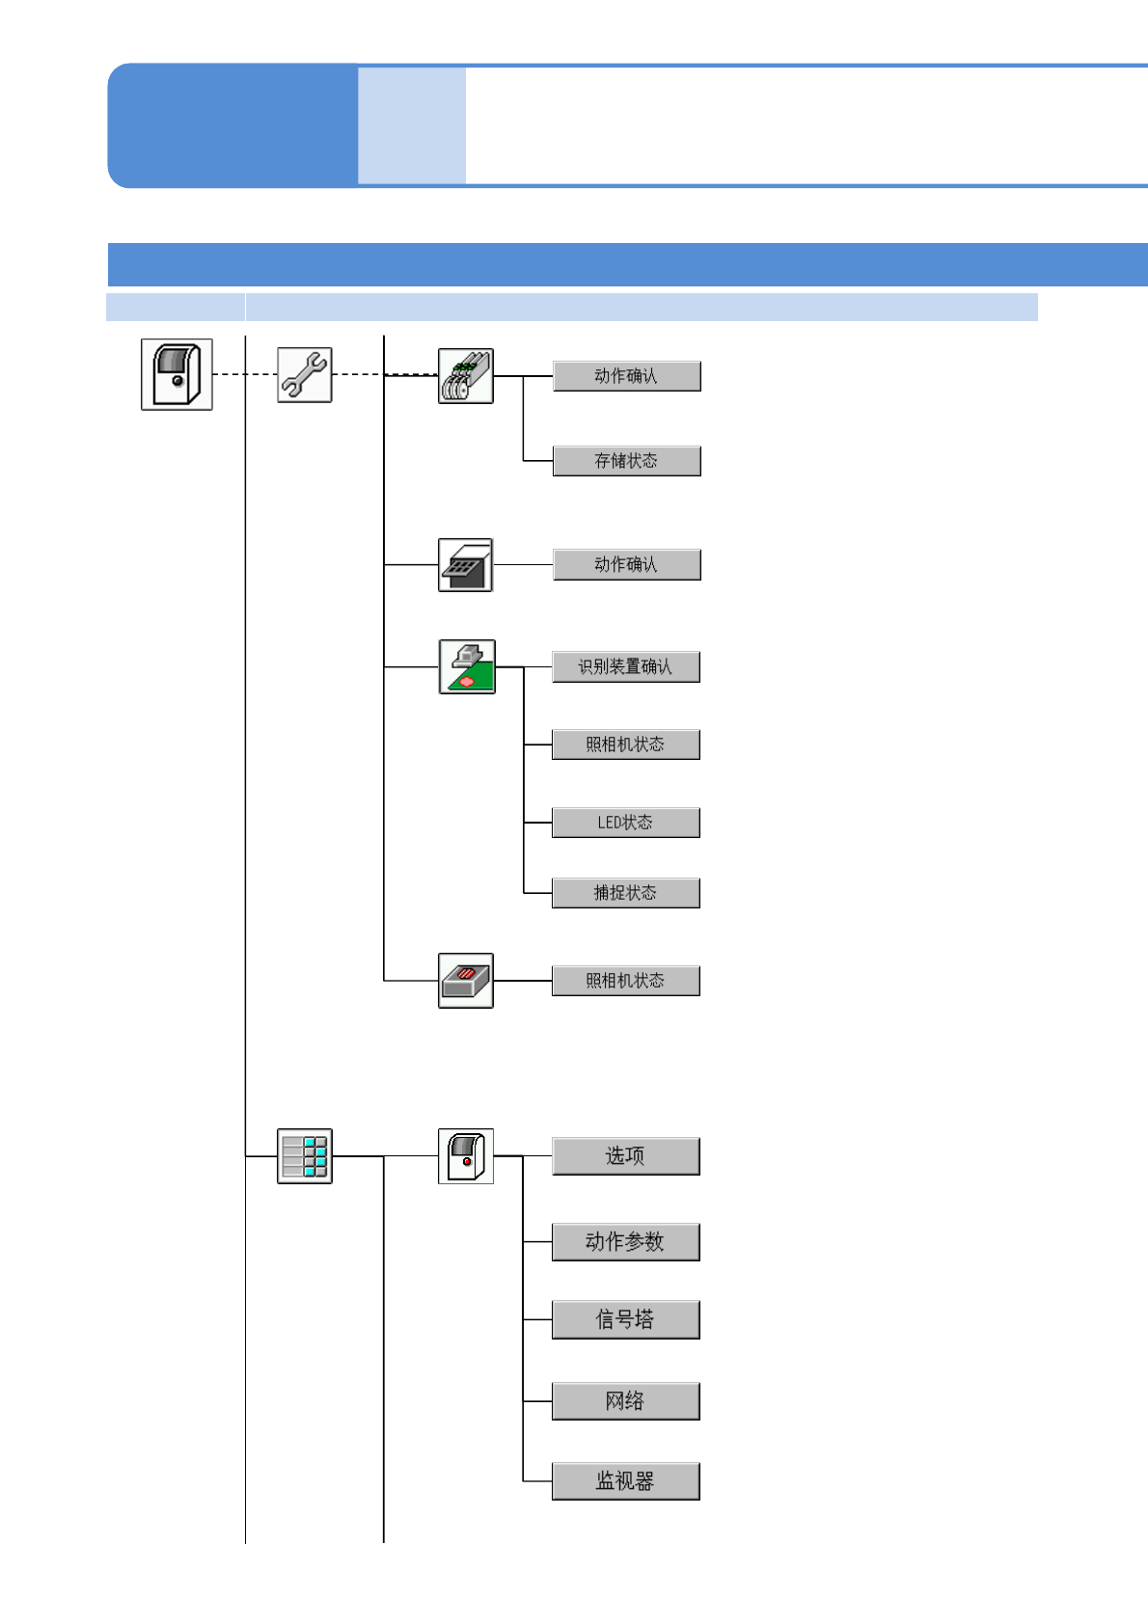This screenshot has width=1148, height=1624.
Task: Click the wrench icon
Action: (305, 374)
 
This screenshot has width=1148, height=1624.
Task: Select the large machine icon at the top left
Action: (177, 374)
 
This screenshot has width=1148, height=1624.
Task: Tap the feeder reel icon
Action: (466, 376)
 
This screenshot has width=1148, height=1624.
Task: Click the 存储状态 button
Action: (626, 461)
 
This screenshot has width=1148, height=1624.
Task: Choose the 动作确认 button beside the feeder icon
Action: (626, 376)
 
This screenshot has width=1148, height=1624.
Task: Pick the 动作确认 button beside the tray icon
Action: (626, 564)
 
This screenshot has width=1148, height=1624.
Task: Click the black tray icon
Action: (465, 565)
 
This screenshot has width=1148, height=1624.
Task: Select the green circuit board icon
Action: (467, 666)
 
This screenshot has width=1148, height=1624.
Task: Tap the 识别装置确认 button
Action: (625, 666)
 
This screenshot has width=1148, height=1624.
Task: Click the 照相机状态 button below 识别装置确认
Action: (625, 744)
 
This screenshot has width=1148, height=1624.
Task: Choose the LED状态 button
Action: (625, 823)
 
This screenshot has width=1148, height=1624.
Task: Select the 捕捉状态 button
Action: (625, 893)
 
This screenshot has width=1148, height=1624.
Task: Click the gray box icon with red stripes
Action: (466, 981)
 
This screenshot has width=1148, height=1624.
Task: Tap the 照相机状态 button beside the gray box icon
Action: (625, 981)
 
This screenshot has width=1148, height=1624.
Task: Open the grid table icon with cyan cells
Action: (305, 1155)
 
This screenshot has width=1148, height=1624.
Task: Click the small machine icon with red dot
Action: (466, 1155)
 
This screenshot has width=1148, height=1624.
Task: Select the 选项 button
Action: (625, 1156)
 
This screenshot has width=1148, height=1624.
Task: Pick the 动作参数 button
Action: (625, 1242)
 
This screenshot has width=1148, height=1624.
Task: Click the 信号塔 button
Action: (625, 1320)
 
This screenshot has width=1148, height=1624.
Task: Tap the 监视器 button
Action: (625, 1481)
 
